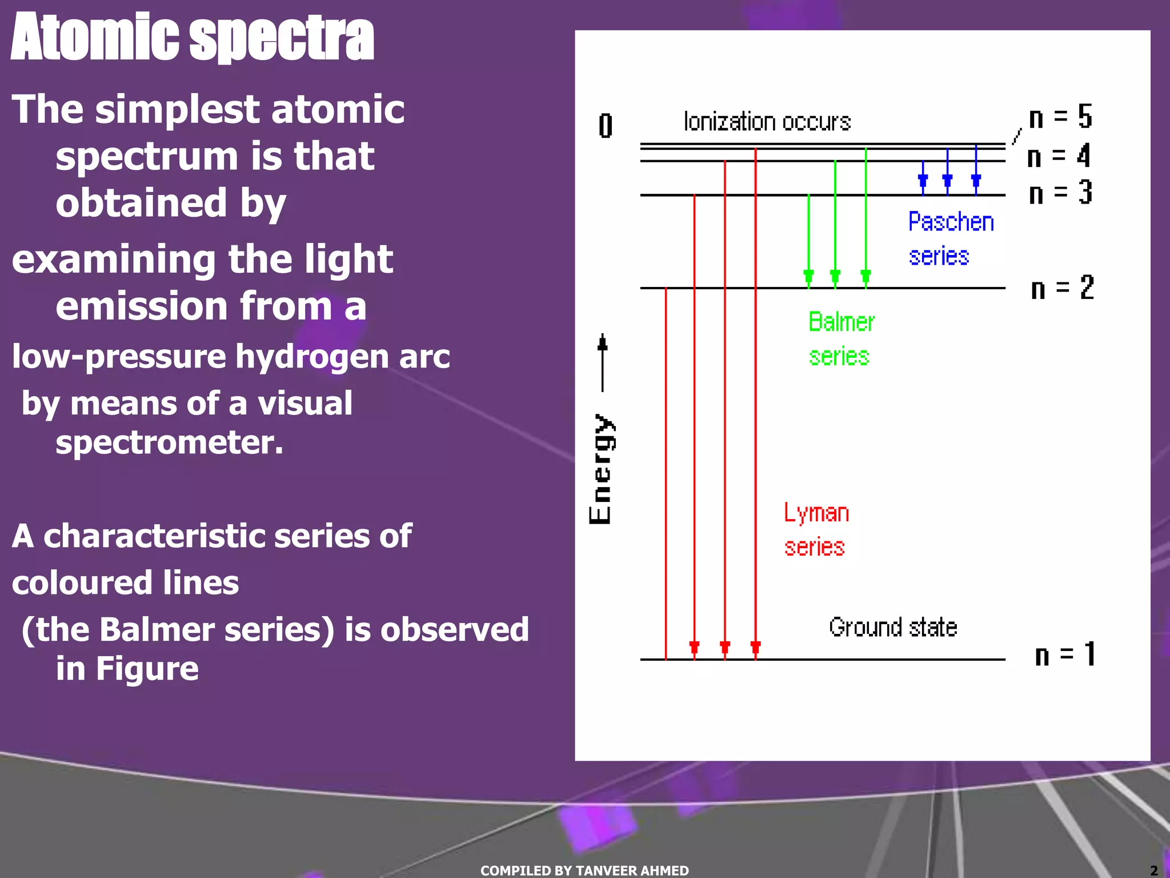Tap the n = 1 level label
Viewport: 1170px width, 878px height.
pyautogui.click(x=1064, y=654)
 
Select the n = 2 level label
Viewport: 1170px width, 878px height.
pyautogui.click(x=1062, y=288)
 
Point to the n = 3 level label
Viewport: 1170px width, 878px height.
pyautogui.click(x=1060, y=193)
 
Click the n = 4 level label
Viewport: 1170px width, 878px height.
pyautogui.click(x=1059, y=155)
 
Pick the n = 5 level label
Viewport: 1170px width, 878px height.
pyautogui.click(x=1060, y=117)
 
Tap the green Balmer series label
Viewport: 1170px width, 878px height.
pyautogui.click(x=840, y=339)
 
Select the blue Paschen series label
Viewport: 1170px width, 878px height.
pyautogui.click(x=950, y=238)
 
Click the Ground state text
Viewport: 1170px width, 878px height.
pyautogui.click(x=893, y=627)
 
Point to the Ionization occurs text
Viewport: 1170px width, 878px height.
pyautogui.click(x=767, y=122)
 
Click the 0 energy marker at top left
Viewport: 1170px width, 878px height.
pyautogui.click(x=606, y=126)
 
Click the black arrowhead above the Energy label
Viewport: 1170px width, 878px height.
pyautogui.click(x=602, y=342)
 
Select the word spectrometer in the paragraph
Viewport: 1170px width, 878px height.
pyautogui.click(x=169, y=442)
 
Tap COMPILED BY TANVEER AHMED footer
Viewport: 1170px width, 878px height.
pyautogui.click(x=584, y=870)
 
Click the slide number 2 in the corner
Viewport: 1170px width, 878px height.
pyautogui.click(x=1153, y=870)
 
